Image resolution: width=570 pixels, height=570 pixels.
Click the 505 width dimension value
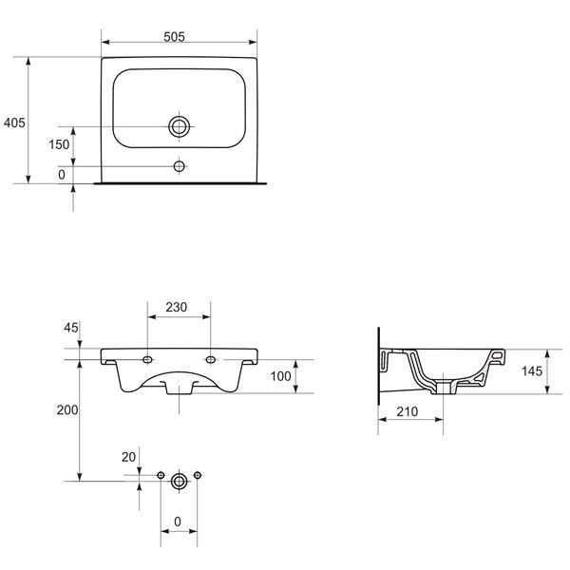pos(174,37)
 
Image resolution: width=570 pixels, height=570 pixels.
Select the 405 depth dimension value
pos(14,123)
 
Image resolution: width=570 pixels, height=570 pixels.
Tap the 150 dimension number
pos(59,144)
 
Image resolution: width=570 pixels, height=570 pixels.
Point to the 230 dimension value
pos(177,307)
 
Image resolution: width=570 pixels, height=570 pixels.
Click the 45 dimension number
pos(71,328)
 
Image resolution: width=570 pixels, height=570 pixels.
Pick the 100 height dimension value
pos(280,376)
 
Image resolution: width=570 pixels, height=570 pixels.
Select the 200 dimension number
pos(67,410)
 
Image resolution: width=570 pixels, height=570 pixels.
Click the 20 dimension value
pos(128,457)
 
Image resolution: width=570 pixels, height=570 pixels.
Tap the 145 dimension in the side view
pos(532,371)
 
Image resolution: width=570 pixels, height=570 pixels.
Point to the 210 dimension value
pos(408,412)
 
